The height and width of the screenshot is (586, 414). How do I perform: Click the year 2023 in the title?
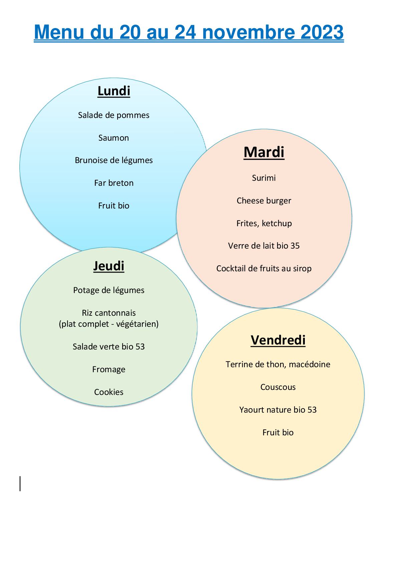coord(322,32)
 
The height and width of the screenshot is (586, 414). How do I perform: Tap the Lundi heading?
coord(114,91)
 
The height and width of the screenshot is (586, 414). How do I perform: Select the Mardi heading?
coord(264,152)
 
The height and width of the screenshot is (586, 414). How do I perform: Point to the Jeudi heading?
coord(109,266)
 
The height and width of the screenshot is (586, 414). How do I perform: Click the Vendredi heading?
coord(278,340)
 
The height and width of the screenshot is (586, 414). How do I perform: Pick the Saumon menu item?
coord(114,138)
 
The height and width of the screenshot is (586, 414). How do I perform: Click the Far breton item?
coord(114,183)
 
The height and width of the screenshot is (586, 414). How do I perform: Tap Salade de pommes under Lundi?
coord(114,115)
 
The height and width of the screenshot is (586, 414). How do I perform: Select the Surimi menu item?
coord(264,178)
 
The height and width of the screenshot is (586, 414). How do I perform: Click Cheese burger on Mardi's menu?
coord(264,201)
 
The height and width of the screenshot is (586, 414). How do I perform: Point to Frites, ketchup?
coord(264,223)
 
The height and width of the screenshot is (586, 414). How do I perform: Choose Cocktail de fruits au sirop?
coord(264,269)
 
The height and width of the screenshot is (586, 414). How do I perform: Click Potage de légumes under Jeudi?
coord(109,290)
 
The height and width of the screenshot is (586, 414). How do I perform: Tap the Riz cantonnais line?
coord(109,313)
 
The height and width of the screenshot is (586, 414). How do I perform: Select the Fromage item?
coord(109,370)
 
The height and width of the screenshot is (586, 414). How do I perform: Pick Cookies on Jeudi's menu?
coord(109,392)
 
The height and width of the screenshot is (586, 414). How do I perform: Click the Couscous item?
coord(278,387)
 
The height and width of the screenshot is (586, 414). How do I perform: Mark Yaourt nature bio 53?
coord(278,410)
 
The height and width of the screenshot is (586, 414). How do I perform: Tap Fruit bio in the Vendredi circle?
coord(278,432)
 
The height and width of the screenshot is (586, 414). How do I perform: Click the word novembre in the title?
coord(249,32)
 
